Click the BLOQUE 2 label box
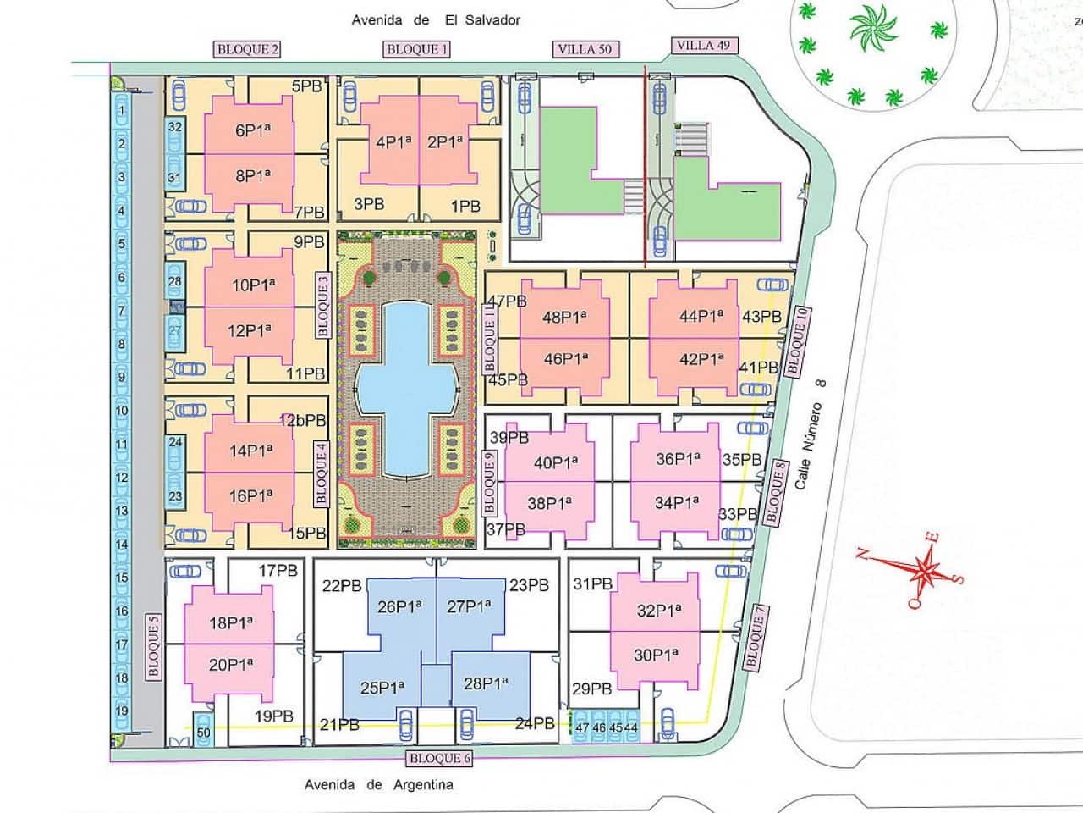point(248,49)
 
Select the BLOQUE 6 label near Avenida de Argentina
point(439,758)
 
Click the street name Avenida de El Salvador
point(436,19)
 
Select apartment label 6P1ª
point(252,130)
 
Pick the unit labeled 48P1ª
point(564,318)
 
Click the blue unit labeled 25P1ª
point(382,688)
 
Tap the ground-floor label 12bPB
point(302,420)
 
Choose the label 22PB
point(343,585)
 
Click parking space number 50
point(204,732)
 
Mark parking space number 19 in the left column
point(122,711)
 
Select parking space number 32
point(175,127)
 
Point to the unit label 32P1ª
point(658,610)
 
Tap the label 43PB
point(761,316)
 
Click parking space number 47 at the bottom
point(582,727)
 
